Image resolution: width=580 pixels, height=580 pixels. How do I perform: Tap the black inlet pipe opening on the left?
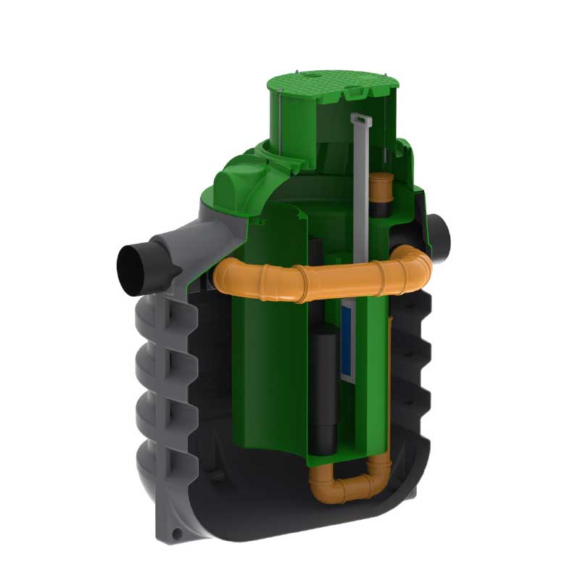coord(133,268)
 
